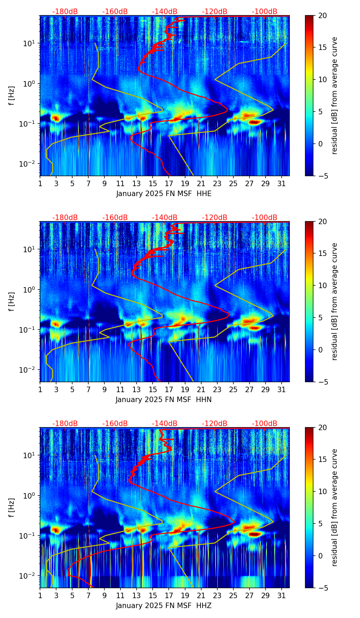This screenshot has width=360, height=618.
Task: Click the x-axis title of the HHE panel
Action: click(x=164, y=194)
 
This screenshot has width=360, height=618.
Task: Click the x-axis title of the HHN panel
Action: click(x=164, y=400)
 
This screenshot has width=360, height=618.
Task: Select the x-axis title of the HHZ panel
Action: click(x=164, y=606)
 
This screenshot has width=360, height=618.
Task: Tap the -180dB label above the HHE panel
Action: click(x=65, y=12)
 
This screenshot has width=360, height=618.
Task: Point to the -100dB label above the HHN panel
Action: click(x=265, y=218)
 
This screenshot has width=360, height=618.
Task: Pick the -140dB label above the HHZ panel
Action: click(x=165, y=424)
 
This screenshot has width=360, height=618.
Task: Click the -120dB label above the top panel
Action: click(x=215, y=12)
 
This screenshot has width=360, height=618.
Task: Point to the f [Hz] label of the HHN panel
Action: click(x=12, y=301)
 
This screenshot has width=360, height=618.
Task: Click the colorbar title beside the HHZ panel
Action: click(x=335, y=507)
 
